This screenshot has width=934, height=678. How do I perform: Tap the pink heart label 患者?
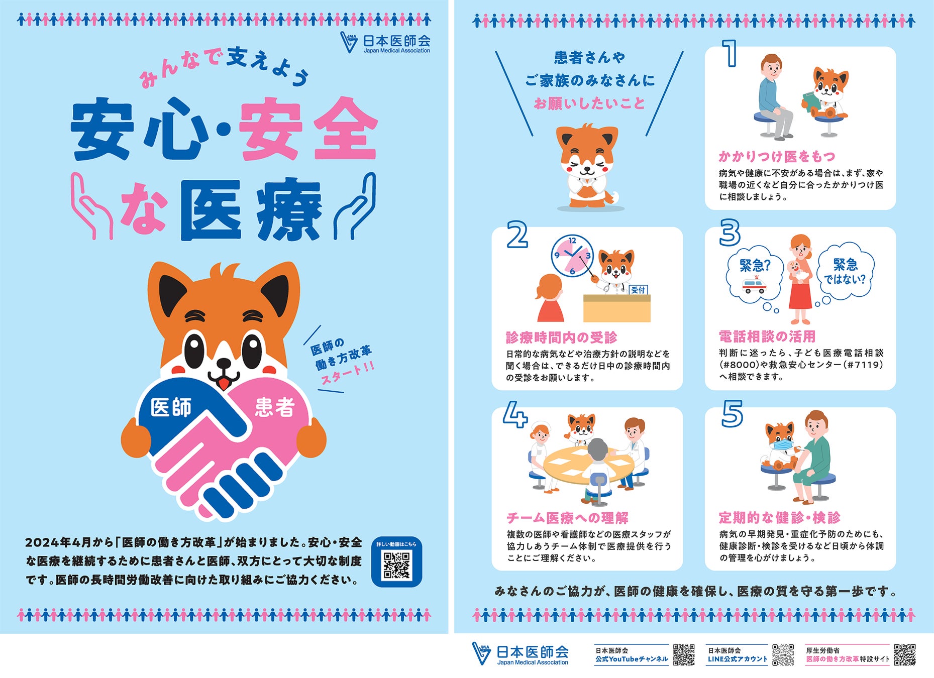(x=275, y=407)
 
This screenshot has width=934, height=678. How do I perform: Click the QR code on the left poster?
(x=396, y=566)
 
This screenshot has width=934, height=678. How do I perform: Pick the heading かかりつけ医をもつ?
(x=777, y=156)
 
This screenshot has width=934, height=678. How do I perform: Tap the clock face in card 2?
(x=572, y=256)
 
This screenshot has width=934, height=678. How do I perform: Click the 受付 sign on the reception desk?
(x=638, y=290)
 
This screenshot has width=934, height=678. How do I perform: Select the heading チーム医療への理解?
(x=567, y=517)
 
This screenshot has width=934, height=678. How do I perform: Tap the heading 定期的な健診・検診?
(x=779, y=517)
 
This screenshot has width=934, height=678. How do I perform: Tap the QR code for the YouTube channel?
(x=684, y=654)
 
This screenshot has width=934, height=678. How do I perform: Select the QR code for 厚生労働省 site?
(x=905, y=654)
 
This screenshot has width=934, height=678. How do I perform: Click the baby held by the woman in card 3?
(x=796, y=271)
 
